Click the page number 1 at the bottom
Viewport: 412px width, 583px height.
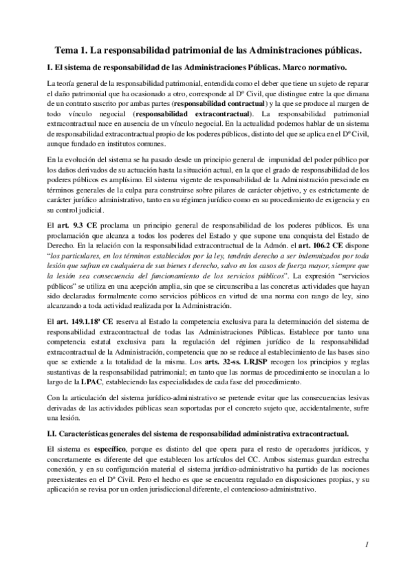[369, 544]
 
